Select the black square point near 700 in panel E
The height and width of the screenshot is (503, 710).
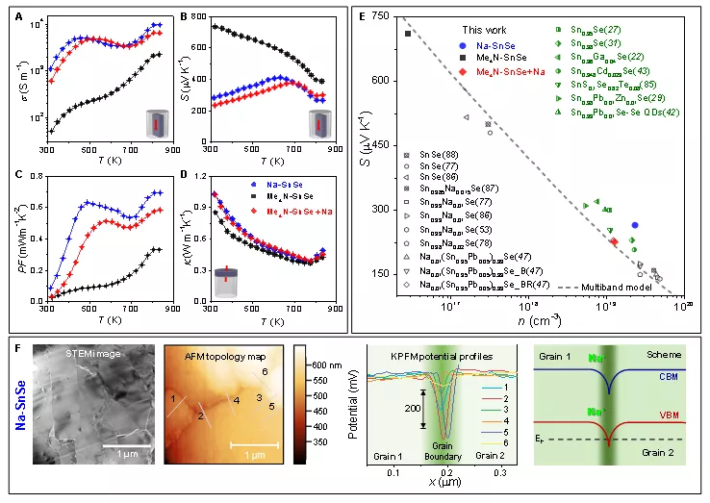coord(408,34)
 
